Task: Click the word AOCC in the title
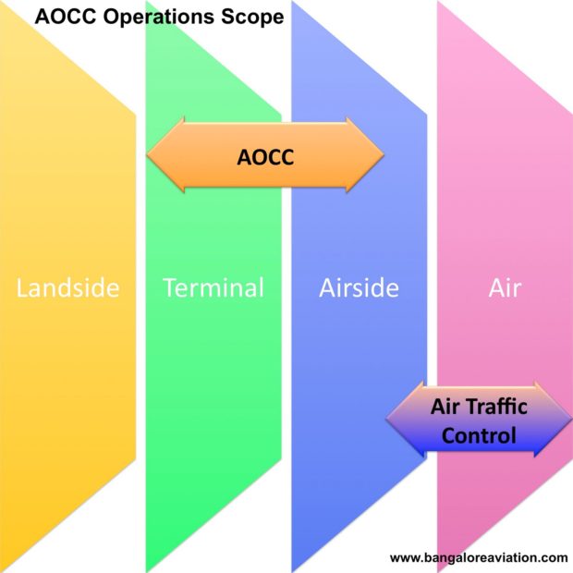pyautogui.click(x=66, y=17)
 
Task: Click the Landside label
pyautogui.click(x=68, y=288)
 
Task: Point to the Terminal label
pyautogui.click(x=213, y=287)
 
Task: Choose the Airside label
pyautogui.click(x=359, y=288)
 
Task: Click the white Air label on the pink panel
pyautogui.click(x=505, y=288)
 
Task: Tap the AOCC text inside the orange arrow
pyautogui.click(x=265, y=157)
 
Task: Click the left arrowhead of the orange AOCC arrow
pyautogui.click(x=165, y=155)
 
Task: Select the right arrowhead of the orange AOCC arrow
pyautogui.click(x=365, y=155)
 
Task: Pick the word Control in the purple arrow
pyautogui.click(x=479, y=435)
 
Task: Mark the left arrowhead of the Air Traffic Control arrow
pyautogui.click(x=405, y=419)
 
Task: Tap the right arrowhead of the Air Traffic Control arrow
pyautogui.click(x=554, y=419)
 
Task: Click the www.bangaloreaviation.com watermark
pyautogui.click(x=479, y=557)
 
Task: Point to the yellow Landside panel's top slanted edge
pyautogui.click(x=68, y=59)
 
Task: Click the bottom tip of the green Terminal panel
pyautogui.click(x=147, y=570)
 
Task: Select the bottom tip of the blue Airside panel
pyautogui.click(x=293, y=570)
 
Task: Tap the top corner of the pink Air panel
pyautogui.click(x=438, y=2)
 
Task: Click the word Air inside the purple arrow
pyautogui.click(x=445, y=407)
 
